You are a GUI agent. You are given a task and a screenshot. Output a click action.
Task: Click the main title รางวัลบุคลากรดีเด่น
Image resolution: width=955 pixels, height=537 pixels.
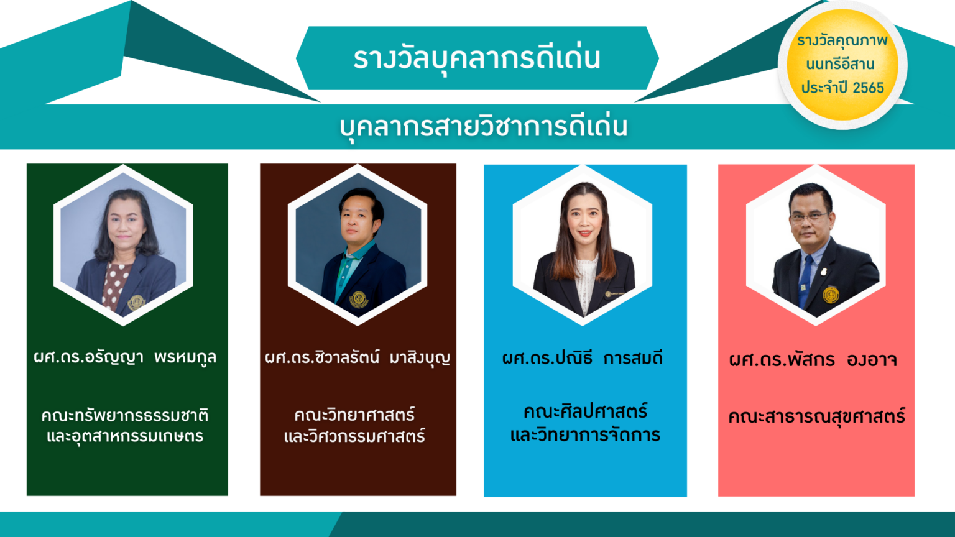pos(477,58)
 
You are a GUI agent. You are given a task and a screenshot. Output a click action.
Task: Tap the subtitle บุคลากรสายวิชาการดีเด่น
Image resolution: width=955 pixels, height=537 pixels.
pos(484,127)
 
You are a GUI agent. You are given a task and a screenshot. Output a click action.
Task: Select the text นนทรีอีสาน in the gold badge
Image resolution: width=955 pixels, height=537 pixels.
pos(840,64)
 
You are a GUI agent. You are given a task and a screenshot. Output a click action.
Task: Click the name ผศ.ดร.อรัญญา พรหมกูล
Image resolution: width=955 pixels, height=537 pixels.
pos(125,357)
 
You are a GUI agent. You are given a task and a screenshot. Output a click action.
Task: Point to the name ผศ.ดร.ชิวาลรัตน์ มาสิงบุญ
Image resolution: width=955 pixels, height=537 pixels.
pos(358,357)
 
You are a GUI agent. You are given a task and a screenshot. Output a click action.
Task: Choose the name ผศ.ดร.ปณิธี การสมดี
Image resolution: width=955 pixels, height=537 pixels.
pos(583,358)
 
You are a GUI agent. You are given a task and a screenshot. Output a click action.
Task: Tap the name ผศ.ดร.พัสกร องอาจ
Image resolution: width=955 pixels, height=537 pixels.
pos(813,360)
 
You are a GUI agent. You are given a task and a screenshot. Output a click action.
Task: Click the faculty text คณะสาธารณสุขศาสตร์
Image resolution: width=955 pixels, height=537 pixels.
pos(816,416)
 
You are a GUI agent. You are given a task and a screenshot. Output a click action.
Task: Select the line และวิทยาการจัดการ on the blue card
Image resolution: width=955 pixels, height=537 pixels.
pos(585,435)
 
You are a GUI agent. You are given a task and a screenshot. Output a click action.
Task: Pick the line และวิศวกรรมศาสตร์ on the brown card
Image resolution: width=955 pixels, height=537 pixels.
pos(354,436)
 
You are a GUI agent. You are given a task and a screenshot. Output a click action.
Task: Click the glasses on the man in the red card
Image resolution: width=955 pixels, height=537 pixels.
pos(809,217)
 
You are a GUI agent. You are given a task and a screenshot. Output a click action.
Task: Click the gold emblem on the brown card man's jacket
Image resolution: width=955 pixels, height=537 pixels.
pos(359,299)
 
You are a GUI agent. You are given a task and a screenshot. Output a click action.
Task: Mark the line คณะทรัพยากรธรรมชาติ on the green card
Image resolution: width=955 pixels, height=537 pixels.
pos(125,416)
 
